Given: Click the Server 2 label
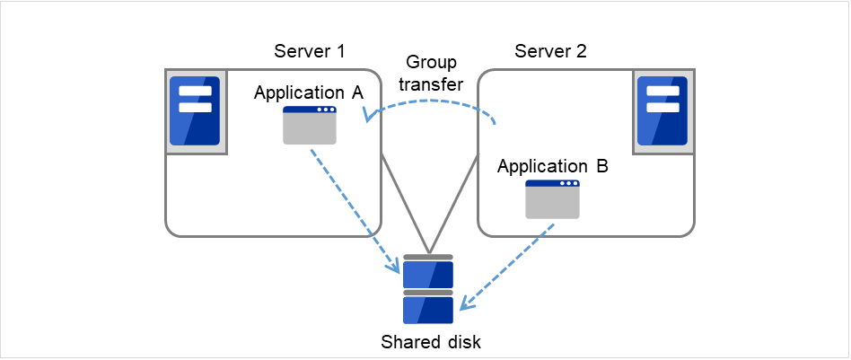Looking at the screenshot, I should point(550,50).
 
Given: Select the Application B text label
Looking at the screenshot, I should point(552,167).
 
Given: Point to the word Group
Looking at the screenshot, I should point(431,63).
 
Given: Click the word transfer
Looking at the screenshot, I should point(431,85).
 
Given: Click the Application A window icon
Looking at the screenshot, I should point(310,126).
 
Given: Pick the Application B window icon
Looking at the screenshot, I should point(552,199).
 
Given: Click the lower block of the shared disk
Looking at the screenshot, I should point(428,310).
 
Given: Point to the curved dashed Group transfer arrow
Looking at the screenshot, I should point(431,101).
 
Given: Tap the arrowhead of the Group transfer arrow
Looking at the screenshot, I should point(367,116).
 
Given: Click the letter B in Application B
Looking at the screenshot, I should point(602,167).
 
